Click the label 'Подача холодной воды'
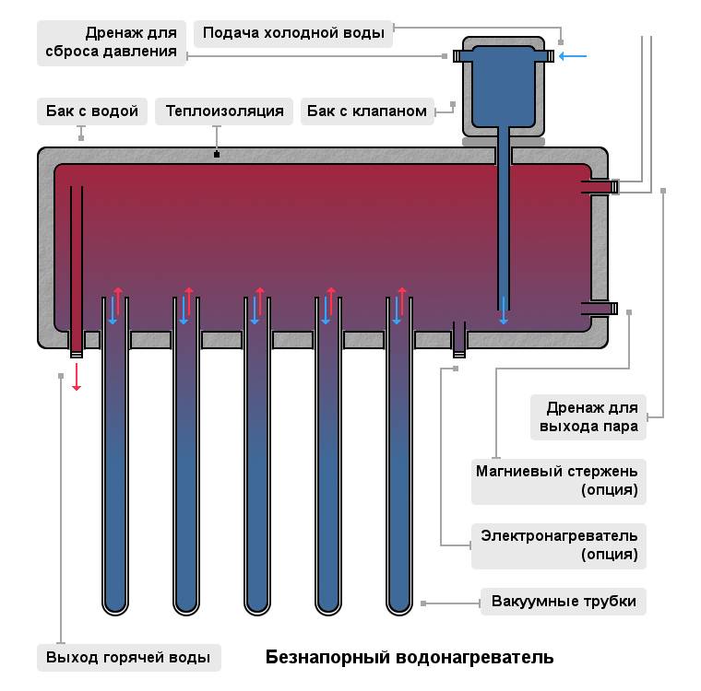pyautogui.click(x=293, y=33)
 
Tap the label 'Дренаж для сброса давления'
pyautogui.click(x=112, y=42)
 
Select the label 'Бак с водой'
pyautogui.click(x=92, y=111)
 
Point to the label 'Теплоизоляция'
pyautogui.click(x=224, y=111)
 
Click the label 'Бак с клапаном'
pyautogui.click(x=367, y=111)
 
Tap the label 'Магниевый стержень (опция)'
pyautogui.click(x=558, y=480)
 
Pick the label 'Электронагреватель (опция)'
pyautogui.click(x=558, y=545)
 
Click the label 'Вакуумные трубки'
pyautogui.click(x=564, y=602)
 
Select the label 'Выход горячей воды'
pyautogui.click(x=128, y=658)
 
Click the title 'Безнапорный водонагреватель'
pyautogui.click(x=410, y=658)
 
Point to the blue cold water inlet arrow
pyautogui.click(x=573, y=56)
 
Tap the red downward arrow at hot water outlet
pyautogui.click(x=77, y=377)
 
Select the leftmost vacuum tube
pyautogui.click(x=114, y=461)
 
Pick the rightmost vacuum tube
pyautogui.click(x=398, y=461)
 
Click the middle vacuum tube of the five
pyautogui.click(x=256, y=461)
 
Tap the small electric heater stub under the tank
pyautogui.click(x=459, y=339)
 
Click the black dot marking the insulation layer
pyautogui.click(x=216, y=154)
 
